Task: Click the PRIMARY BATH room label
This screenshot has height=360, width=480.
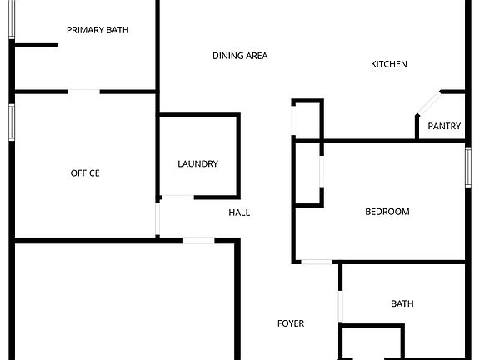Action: [x=97, y=30]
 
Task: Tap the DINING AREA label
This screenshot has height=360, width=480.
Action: [x=240, y=56]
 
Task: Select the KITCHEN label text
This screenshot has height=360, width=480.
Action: [x=389, y=64]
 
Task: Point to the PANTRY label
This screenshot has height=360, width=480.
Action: [x=444, y=126]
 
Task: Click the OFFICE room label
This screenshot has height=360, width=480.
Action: [x=85, y=173]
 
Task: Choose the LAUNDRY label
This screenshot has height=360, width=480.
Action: [x=197, y=164]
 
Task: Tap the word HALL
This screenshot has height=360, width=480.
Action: [x=239, y=212]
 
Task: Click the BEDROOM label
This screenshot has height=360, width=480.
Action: [x=387, y=212]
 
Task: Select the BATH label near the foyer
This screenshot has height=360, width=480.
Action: [x=402, y=303]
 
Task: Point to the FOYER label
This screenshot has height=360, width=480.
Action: [x=291, y=323]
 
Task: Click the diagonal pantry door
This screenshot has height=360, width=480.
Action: [x=429, y=103]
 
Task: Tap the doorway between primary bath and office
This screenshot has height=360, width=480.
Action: [x=84, y=92]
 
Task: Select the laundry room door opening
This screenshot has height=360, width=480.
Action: [x=178, y=197]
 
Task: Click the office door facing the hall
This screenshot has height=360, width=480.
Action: [x=157, y=219]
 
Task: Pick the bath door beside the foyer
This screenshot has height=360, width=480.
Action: [x=340, y=306]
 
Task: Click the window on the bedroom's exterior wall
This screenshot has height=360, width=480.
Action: [x=468, y=167]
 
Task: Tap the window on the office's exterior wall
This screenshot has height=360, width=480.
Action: [x=12, y=122]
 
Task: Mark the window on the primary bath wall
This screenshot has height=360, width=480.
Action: [x=12, y=20]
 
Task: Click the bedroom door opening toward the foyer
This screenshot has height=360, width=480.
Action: [x=317, y=262]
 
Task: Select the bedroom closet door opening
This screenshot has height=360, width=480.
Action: [x=322, y=171]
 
